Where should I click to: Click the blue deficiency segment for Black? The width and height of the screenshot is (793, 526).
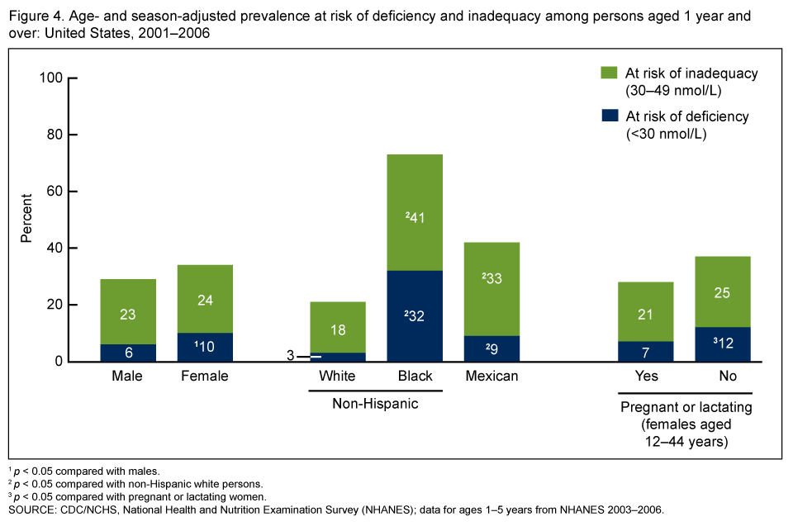[415, 316]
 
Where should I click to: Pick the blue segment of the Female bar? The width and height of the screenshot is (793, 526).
[205, 347]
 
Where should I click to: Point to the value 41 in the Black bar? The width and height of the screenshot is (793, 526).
[415, 217]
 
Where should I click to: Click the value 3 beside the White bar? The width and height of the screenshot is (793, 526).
[290, 356]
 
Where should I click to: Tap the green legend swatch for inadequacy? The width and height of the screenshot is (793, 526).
[610, 73]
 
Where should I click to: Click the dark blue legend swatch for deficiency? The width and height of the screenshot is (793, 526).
[610, 116]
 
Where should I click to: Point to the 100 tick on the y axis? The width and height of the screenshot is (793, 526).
[51, 78]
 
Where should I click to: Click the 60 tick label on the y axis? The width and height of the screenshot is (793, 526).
[55, 192]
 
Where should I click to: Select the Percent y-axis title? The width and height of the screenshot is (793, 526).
[26, 218]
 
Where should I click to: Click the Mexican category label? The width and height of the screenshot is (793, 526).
[491, 377]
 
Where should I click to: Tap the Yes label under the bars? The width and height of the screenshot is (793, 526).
[645, 377]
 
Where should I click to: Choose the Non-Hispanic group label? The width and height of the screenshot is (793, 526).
[376, 404]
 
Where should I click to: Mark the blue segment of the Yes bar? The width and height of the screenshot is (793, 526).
[645, 351]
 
